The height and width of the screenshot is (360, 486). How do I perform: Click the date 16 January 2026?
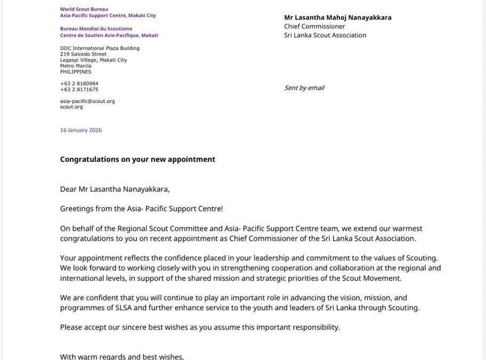coord(80,130)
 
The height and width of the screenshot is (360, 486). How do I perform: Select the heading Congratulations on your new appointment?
coord(137,159)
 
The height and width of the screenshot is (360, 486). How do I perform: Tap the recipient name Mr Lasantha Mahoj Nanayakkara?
coord(337,18)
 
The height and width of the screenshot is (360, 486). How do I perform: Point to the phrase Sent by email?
coord(304,88)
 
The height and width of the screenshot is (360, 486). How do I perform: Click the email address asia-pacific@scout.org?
coord(87,101)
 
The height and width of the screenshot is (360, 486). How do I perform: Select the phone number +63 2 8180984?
coord(79,84)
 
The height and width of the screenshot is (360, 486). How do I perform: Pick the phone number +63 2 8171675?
coord(79,90)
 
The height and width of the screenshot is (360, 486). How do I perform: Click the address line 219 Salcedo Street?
coord(83,54)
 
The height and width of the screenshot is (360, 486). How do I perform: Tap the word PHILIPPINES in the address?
coord(75,72)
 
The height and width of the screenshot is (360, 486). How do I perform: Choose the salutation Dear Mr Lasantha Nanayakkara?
coord(115,189)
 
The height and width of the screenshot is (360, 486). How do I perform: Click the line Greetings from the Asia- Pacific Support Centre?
coord(141,209)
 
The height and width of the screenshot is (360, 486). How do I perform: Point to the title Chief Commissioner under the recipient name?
coord(314,26)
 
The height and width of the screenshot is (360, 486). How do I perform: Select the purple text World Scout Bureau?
coord(84,10)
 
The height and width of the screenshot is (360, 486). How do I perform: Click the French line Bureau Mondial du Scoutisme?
coord(96,29)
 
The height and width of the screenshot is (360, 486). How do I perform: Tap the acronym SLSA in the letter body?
coord(125,308)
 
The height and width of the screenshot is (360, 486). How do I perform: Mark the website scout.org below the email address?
coord(71,107)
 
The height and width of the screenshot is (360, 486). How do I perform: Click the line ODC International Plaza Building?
coord(100,48)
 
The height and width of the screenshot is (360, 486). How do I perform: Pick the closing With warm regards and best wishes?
coord(122,356)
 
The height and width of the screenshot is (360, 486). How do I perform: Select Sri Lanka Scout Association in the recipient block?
coord(325,35)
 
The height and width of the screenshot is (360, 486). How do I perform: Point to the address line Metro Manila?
coord(76,66)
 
